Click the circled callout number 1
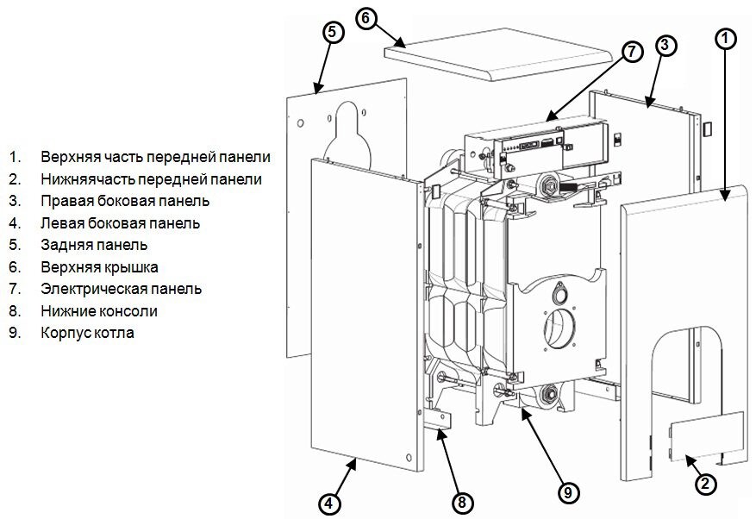click(x=727, y=38)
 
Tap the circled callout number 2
click(x=705, y=484)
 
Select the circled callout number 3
click(x=664, y=47)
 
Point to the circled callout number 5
click(x=334, y=32)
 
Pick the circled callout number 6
click(x=367, y=19)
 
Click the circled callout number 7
click(x=632, y=51)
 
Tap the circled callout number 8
click(x=462, y=501)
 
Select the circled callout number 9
click(x=567, y=492)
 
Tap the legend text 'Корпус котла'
click(x=87, y=332)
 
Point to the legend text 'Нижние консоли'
click(x=98, y=310)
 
